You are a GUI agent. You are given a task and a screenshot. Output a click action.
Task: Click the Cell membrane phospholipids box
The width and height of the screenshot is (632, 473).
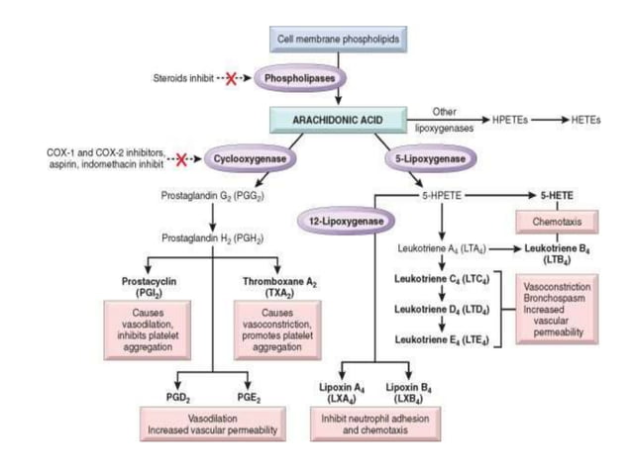pyautogui.click(x=338, y=38)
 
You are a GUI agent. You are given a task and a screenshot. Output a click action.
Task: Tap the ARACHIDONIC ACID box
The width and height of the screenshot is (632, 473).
pyautogui.click(x=338, y=119)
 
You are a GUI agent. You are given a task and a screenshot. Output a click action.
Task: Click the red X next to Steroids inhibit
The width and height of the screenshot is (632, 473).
pyautogui.click(x=232, y=77)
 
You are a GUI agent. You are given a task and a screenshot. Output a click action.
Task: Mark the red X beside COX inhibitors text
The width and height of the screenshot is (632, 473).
pyautogui.click(x=178, y=157)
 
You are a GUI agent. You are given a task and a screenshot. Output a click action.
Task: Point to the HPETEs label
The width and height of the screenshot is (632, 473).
pyautogui.click(x=511, y=119)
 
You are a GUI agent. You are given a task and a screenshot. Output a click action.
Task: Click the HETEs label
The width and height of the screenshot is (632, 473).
pyautogui.click(x=584, y=119)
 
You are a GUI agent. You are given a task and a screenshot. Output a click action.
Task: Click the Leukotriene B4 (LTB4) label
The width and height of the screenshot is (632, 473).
pyautogui.click(x=553, y=254)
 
